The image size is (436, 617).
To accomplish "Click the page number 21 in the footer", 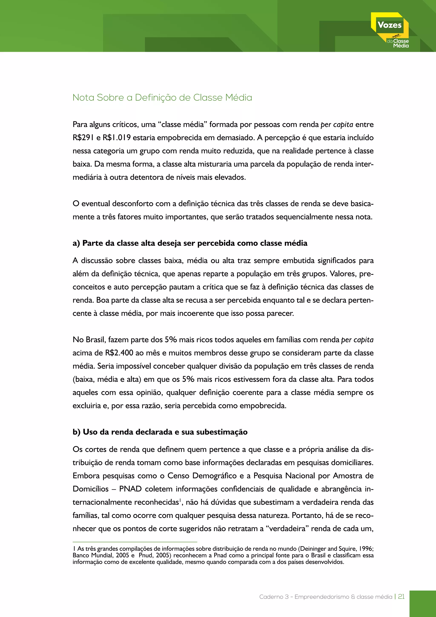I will point(401,597).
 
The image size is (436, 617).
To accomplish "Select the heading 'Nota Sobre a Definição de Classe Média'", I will point(162,98).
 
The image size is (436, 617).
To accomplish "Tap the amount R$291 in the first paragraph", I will point(83,138).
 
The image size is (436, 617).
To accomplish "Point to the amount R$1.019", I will point(117,138).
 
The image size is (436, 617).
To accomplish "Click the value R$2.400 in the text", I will point(119,353).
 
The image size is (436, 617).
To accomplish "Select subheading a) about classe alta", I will point(190,243).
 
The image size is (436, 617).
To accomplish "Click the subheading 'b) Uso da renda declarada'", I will point(160,432).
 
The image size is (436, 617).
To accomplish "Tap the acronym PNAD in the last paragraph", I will point(130,489).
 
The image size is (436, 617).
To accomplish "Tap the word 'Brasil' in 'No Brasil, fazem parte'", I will point(96,340).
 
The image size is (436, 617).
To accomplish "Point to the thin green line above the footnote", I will point(135,542).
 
